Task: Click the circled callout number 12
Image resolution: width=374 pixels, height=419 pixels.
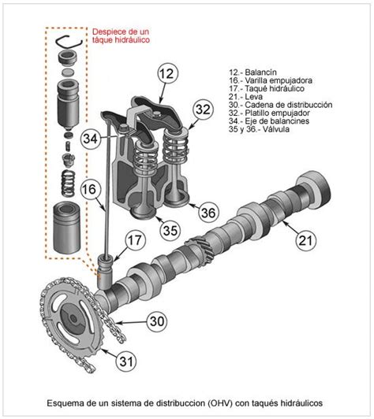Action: [165, 75]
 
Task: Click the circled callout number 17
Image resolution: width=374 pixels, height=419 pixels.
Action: [135, 240]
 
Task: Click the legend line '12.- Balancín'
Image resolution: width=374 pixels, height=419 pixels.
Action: [252, 70]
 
